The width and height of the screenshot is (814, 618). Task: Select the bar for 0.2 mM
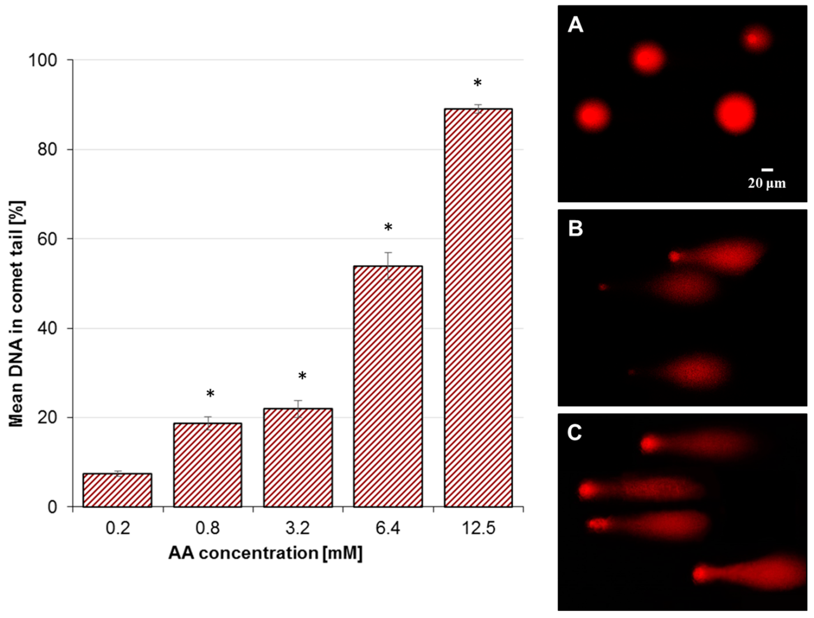(117, 490)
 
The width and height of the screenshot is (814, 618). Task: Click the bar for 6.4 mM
(388, 386)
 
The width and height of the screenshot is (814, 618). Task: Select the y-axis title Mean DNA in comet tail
(16, 314)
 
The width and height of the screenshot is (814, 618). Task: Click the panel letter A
(576, 26)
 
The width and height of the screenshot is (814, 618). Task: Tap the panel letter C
(575, 433)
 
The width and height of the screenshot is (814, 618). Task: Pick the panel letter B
(576, 229)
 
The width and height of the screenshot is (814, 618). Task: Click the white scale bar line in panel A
(767, 170)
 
